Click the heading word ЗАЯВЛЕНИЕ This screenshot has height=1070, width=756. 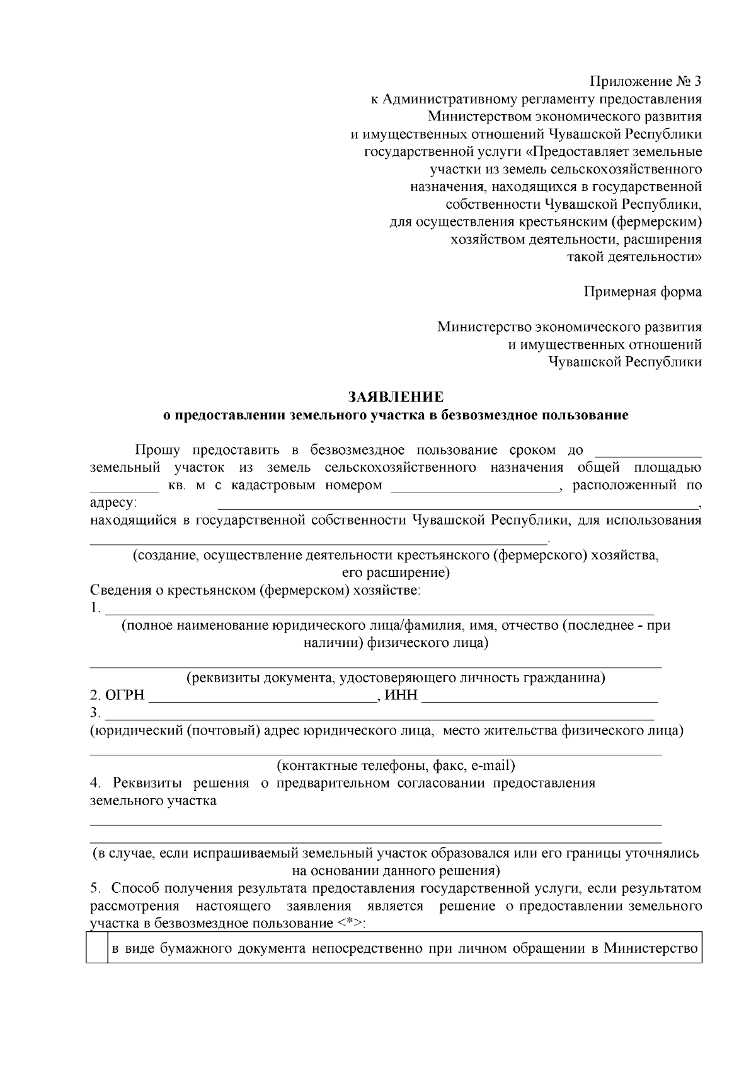click(396, 397)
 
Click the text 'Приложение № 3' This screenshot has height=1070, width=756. click(645, 81)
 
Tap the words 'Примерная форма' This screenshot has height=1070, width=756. click(642, 292)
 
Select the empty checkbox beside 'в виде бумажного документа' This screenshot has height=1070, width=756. click(97, 948)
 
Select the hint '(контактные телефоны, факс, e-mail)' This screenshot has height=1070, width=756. click(396, 765)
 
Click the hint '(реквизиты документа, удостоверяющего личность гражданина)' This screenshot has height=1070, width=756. click(396, 678)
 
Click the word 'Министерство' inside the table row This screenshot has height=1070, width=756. click(652, 948)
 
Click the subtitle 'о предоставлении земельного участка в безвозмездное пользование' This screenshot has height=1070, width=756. click(396, 416)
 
